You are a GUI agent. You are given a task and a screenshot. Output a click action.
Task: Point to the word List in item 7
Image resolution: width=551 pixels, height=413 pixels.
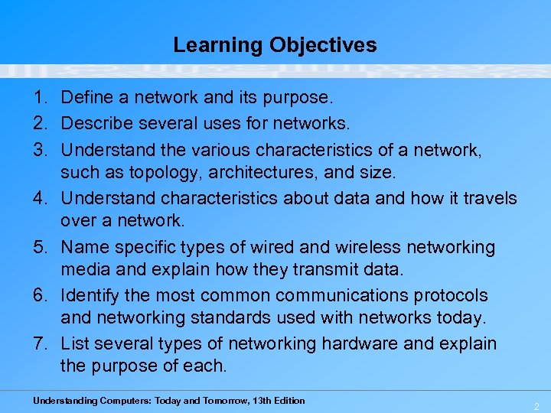tap(73, 344)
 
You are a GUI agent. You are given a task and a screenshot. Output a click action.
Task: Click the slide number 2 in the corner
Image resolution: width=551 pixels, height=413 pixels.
tap(536, 405)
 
